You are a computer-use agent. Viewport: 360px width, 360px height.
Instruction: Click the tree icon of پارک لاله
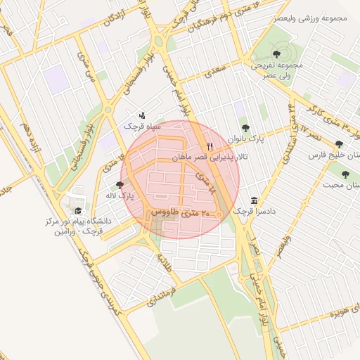click(x=120, y=184)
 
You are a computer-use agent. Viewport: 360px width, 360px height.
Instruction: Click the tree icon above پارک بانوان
click(x=245, y=128)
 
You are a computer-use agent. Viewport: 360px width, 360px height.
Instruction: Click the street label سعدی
click(x=214, y=72)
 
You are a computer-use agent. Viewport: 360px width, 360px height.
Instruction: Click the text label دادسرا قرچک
click(x=252, y=211)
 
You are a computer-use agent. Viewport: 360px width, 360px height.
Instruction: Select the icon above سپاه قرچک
click(x=143, y=115)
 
